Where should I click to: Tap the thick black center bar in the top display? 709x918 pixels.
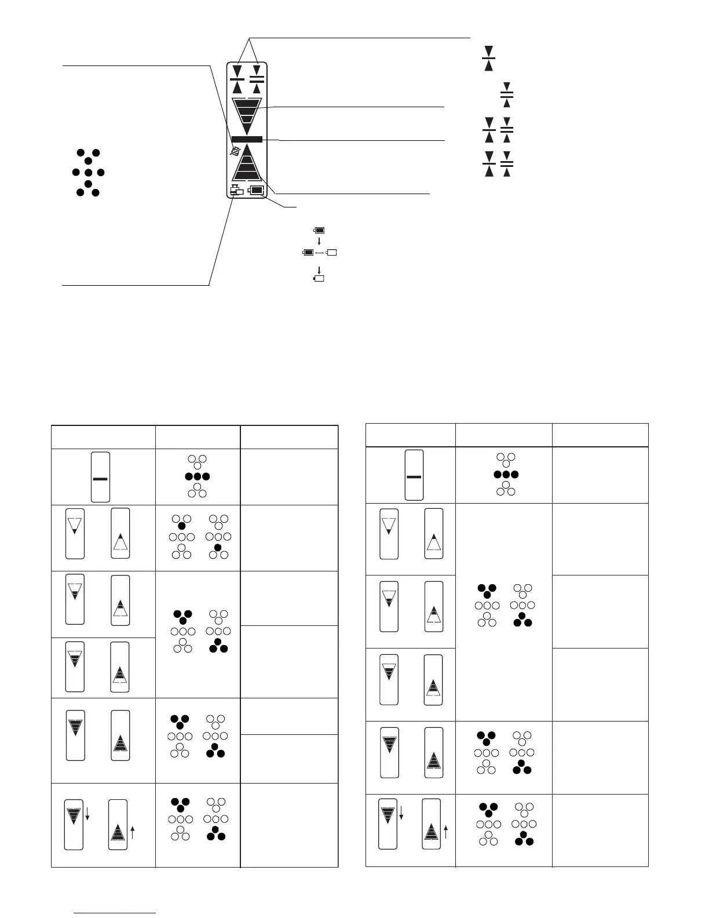click(x=247, y=139)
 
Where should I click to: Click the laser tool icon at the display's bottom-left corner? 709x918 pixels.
click(x=236, y=190)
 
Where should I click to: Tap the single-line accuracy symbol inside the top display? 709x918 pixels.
click(x=237, y=78)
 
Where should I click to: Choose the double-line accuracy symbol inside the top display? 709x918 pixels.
click(x=257, y=78)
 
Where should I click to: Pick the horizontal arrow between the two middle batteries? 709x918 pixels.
click(x=320, y=253)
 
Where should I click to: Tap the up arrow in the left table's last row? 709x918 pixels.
click(x=133, y=833)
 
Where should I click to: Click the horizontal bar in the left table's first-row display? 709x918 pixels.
click(x=100, y=479)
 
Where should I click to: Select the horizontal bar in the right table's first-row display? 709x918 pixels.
click(x=414, y=476)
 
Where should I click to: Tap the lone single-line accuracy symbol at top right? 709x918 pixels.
click(x=488, y=57)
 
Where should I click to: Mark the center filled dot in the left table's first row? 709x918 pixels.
click(x=197, y=477)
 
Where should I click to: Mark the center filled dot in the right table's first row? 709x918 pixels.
click(x=506, y=474)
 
